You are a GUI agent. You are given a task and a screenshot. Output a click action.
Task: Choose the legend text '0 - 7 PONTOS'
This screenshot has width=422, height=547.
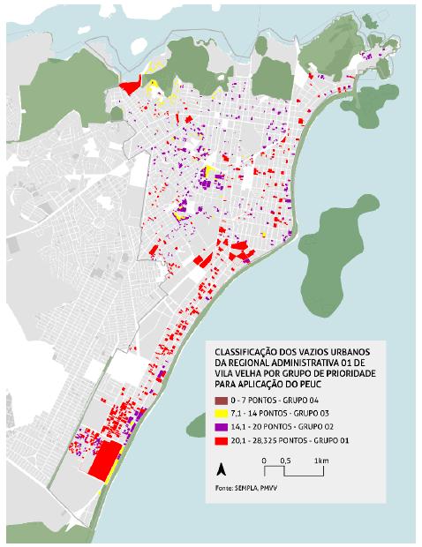click(x=252, y=401)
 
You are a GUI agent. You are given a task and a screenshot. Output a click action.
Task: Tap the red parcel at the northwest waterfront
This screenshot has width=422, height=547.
click(x=129, y=86)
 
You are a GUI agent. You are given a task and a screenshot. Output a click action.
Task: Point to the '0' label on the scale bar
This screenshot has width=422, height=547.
click(x=264, y=461)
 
